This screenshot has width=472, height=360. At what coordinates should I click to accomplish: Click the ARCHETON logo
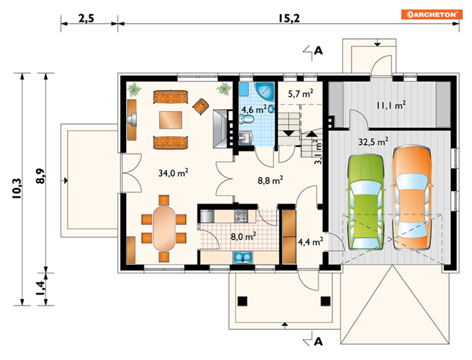click(x=431, y=14)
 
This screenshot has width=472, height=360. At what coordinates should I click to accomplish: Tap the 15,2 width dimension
click(x=289, y=18)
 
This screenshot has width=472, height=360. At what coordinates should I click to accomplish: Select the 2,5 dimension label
click(x=86, y=18)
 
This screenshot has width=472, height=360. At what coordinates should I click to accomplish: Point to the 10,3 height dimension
click(x=17, y=188)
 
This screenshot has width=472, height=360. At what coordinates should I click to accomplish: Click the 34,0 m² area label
click(x=174, y=173)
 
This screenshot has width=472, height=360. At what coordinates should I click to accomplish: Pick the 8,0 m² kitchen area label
click(x=243, y=236)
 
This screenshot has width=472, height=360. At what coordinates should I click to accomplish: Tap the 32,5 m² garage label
click(x=373, y=141)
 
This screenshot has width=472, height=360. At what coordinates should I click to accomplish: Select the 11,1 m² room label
click(x=391, y=105)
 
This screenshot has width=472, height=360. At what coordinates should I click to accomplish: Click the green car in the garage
click(x=366, y=202)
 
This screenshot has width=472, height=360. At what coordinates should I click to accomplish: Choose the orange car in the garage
click(x=412, y=198)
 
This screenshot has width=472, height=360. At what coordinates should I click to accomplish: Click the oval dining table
click(x=164, y=228)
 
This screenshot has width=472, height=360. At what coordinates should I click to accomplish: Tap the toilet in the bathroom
click(x=247, y=119)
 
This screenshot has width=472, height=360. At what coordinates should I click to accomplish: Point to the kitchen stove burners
click(x=241, y=216)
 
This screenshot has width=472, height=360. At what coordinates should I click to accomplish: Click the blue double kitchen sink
click(x=242, y=257)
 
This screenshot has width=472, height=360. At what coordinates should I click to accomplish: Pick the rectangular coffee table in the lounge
click(x=170, y=120)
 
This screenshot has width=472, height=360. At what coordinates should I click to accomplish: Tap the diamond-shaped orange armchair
click(x=201, y=106)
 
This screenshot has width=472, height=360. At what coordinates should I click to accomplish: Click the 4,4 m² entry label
click(x=311, y=242)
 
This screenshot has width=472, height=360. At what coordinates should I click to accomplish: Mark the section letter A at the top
click(x=318, y=51)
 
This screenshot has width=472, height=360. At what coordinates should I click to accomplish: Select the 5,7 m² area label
click(x=300, y=93)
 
